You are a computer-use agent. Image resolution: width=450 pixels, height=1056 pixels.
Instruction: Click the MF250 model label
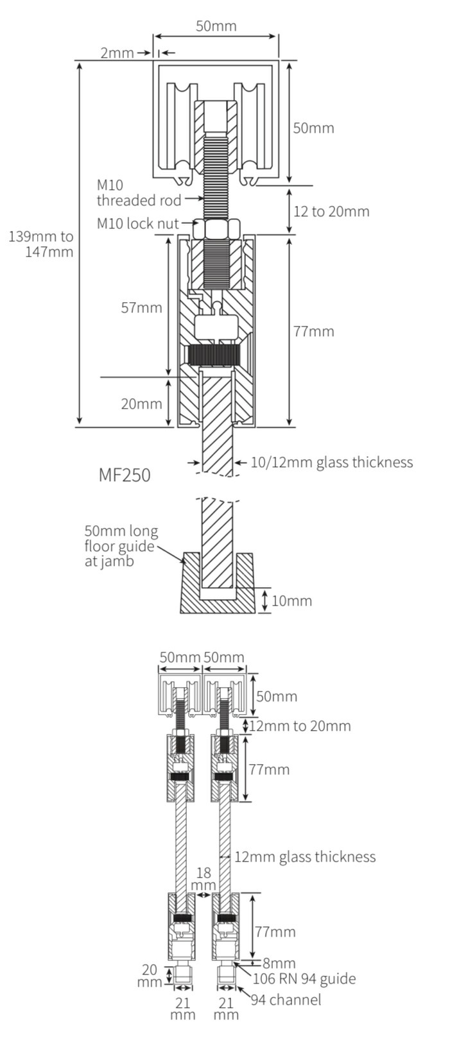pos(125,475)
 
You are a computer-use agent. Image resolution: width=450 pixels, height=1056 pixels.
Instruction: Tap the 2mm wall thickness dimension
pos(117,53)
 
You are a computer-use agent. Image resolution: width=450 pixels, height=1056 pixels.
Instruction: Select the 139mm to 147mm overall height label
pos(41,244)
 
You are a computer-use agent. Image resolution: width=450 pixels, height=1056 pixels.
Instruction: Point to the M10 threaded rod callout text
pos(139,193)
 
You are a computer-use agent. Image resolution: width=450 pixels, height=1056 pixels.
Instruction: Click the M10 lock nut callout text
pos(137,223)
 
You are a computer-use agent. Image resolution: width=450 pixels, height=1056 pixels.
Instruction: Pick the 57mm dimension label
pos(141,307)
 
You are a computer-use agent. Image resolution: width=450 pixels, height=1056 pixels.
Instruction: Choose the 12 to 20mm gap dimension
pos(331,211)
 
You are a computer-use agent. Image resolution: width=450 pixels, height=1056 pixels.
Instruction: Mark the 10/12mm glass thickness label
pos(331,462)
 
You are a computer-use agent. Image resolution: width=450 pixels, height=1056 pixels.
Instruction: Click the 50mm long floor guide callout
pos(121,546)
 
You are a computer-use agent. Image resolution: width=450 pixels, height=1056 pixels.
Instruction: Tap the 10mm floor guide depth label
pos(291,600)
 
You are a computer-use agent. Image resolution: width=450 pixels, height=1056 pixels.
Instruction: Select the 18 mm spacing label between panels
pos(203,879)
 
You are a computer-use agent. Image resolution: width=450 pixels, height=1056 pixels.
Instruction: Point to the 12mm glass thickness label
pos(305,856)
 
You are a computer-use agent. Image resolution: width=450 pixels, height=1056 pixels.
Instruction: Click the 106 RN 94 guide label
pos(304,978)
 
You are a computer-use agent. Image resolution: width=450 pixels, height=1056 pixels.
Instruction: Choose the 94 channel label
pos(286,1000)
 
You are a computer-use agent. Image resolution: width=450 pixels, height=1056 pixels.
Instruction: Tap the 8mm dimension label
pos(279,963)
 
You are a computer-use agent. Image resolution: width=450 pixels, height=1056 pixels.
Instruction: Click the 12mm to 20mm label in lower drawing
pos(300,726)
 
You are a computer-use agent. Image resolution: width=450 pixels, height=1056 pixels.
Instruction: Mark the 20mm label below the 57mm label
pos(141,404)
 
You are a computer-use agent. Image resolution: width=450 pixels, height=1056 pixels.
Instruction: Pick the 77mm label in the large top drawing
pos(314,331)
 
